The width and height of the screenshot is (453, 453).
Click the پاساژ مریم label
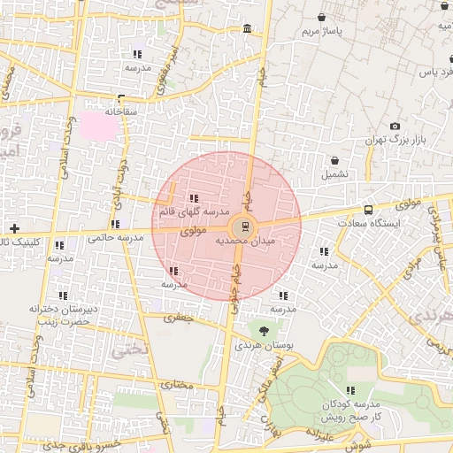[x=321, y=32]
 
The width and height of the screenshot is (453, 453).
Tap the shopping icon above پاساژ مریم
[x=321, y=17]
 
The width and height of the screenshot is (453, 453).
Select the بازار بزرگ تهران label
[x=394, y=141]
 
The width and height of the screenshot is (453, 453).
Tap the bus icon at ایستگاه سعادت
[x=368, y=211]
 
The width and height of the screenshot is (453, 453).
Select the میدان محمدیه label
[x=245, y=240]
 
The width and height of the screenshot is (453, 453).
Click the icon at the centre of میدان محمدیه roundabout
[x=245, y=225]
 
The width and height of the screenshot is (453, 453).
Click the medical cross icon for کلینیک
[x=14, y=228]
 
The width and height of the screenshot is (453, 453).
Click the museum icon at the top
[x=245, y=29]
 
